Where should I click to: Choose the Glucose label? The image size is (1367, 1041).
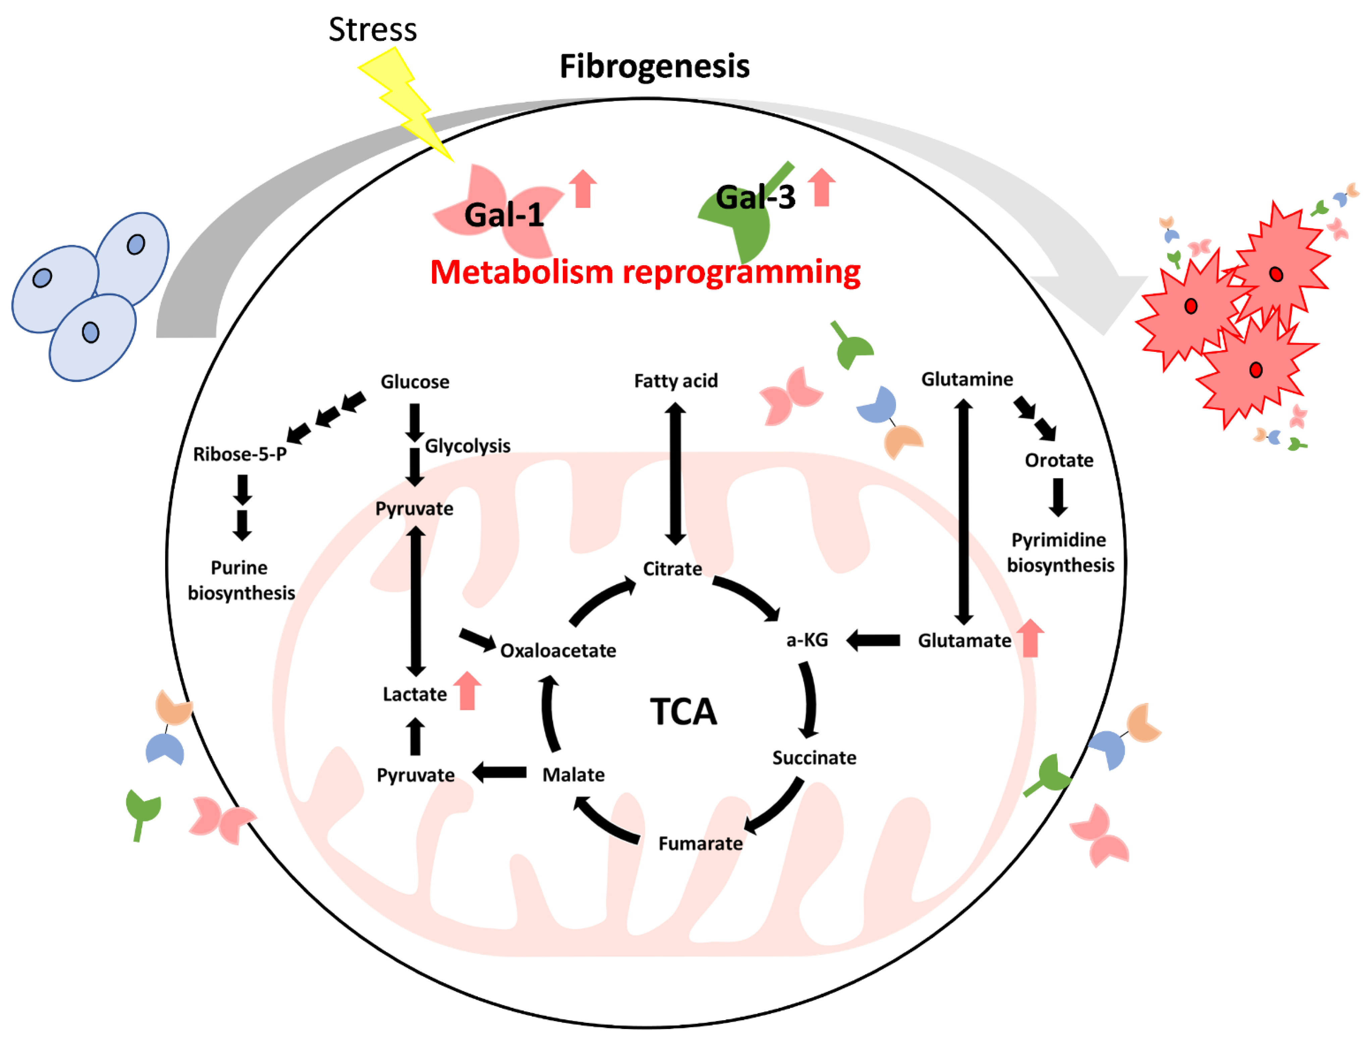(x=415, y=382)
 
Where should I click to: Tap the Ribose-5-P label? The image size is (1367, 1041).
(x=240, y=454)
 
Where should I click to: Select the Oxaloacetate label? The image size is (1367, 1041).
(x=558, y=651)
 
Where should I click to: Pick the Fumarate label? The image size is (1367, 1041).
(x=700, y=843)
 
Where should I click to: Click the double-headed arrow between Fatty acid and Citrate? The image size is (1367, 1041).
(x=675, y=474)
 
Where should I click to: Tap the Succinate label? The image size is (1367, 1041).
(x=813, y=758)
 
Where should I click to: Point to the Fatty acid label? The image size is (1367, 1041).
(x=675, y=380)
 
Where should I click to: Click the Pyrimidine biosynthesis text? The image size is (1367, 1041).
(x=1060, y=553)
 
